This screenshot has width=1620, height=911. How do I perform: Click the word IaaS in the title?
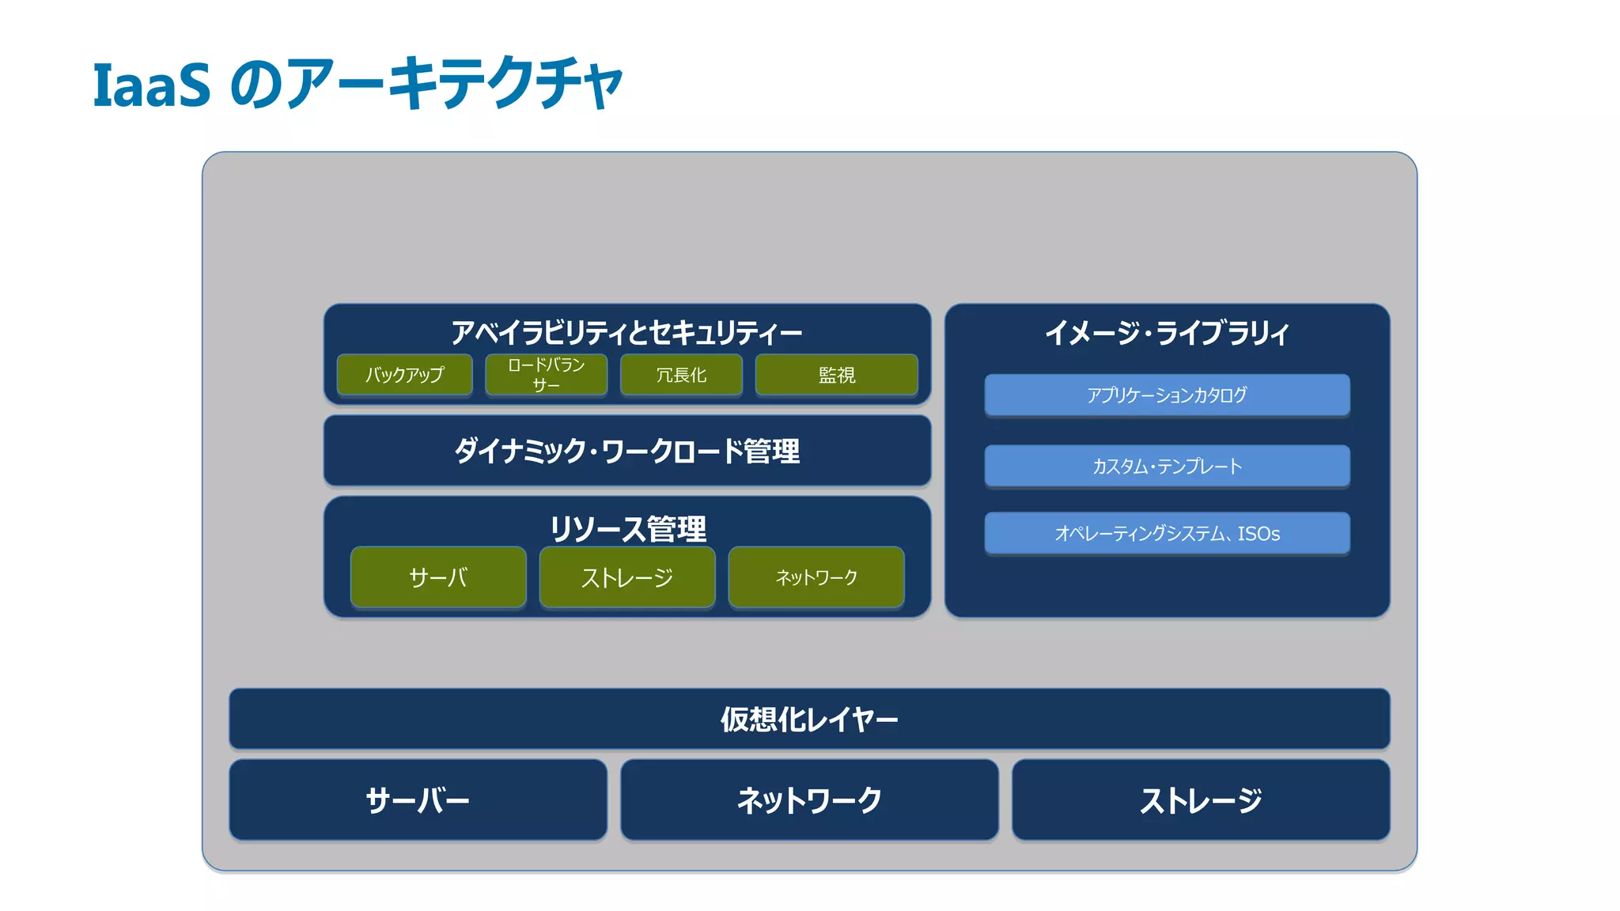tap(151, 85)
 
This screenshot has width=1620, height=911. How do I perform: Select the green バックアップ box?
tap(404, 375)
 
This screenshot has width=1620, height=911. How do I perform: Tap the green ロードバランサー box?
tap(546, 375)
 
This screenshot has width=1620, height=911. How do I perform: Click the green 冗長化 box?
tap(681, 375)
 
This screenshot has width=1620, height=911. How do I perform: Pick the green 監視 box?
tap(836, 375)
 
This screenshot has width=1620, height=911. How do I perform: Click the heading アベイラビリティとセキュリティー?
tap(626, 332)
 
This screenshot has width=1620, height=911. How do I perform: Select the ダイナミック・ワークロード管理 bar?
tap(626, 451)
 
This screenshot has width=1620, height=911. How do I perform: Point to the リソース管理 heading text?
tap(627, 528)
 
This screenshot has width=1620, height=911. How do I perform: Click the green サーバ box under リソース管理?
tap(438, 577)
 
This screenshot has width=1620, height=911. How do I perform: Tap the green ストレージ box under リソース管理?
tap(626, 577)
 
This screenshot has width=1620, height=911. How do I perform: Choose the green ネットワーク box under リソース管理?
tap(816, 577)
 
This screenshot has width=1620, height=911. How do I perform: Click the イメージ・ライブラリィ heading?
tap(1167, 332)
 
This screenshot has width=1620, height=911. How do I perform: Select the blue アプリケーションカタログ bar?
tap(1167, 395)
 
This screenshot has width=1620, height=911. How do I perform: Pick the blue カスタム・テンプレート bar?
tap(1167, 466)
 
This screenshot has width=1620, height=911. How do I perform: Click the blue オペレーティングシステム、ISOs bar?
tap(1167, 534)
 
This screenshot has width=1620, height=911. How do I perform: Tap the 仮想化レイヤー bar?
tap(808, 719)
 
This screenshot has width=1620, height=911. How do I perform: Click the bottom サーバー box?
tap(418, 800)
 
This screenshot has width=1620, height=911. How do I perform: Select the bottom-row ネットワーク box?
tap(808, 800)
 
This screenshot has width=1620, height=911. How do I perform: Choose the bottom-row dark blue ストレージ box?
tap(1200, 800)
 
